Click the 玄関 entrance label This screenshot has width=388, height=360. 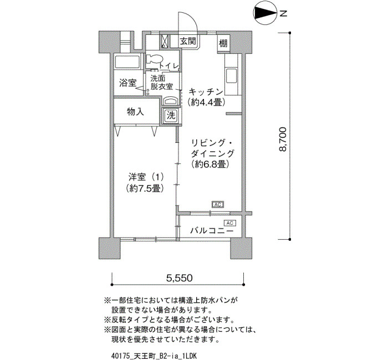tap(188, 41)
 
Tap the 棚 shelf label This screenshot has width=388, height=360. tap(223, 44)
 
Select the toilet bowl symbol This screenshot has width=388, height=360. tap(154, 59)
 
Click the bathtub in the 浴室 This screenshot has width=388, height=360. tap(127, 61)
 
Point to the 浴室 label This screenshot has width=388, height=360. tap(127, 83)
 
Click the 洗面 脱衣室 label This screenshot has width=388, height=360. tap(161, 83)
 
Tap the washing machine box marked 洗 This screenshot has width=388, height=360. tap(171, 115)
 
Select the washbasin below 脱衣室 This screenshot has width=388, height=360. tap(171, 101)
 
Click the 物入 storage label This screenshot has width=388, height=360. tap(135, 112)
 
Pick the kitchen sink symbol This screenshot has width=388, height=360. tap(231, 76)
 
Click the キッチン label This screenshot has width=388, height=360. tap(206, 92)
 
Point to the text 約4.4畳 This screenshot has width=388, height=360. tap(206, 102)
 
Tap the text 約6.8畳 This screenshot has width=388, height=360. tap(210, 164)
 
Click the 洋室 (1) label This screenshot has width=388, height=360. tap(146, 177)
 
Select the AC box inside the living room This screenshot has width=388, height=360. tap(218, 205)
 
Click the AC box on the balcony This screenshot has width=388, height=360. tap(230, 223)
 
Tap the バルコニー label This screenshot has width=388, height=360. tap(212, 231)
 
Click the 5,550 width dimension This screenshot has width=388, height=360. tap(179, 278)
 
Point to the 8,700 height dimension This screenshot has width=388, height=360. tap(282, 139)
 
